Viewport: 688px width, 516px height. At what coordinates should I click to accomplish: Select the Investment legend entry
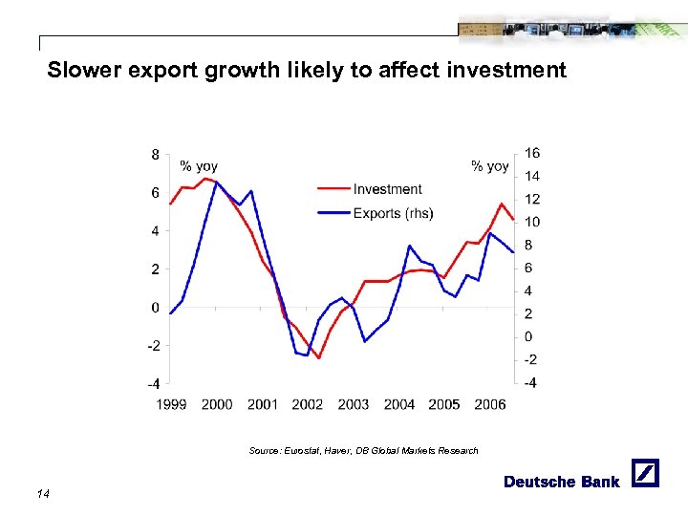coord(387,189)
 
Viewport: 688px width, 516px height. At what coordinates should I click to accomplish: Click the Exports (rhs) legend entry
coord(393,213)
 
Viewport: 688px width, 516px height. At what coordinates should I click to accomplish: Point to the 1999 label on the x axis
coord(171,404)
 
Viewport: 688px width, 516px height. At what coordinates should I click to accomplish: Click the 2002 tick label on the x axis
coord(308,404)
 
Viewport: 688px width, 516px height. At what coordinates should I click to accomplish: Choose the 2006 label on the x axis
coord(490,404)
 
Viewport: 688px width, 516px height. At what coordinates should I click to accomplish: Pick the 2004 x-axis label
coord(399,404)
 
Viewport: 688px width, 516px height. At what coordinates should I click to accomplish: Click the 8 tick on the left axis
coord(155,154)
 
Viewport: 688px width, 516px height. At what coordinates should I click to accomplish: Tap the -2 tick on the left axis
coord(152,345)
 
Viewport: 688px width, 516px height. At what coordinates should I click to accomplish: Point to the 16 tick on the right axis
coord(531,154)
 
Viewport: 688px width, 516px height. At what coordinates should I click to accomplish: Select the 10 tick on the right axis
coord(531,223)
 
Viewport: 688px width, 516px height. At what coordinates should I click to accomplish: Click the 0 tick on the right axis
coord(527,336)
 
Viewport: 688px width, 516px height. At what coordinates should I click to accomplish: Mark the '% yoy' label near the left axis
coord(199,167)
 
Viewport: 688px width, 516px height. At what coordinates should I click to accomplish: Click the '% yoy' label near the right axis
coord(490,167)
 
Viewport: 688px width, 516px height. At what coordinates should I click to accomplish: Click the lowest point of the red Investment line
coord(318,358)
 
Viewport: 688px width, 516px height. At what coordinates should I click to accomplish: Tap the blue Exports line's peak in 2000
coord(216,182)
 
